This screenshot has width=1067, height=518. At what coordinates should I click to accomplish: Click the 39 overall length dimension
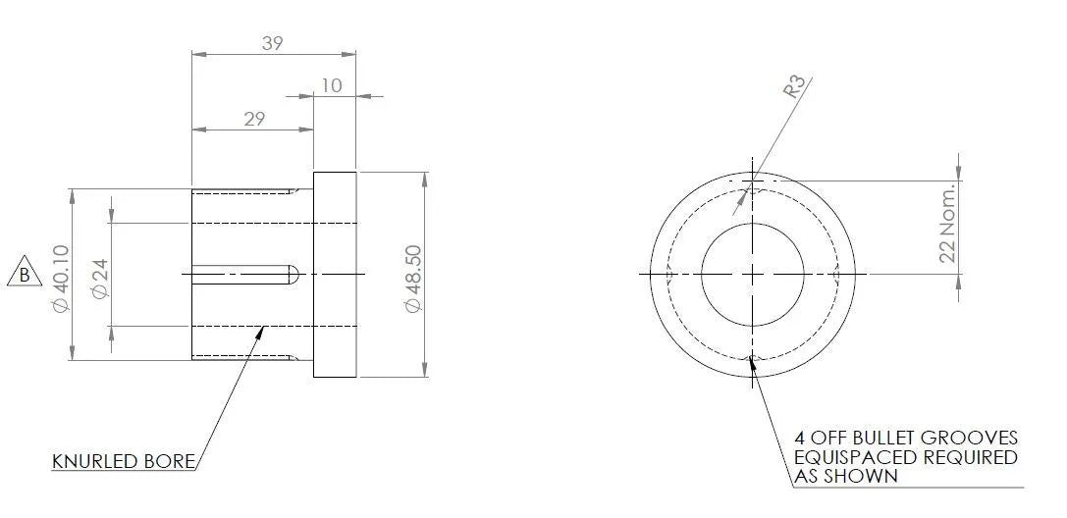(272, 43)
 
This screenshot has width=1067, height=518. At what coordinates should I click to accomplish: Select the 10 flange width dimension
(332, 85)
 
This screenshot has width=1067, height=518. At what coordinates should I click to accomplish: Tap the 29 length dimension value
(254, 119)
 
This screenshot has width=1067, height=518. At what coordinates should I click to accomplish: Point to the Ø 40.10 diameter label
(61, 279)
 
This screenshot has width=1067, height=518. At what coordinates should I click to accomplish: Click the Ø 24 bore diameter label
(100, 278)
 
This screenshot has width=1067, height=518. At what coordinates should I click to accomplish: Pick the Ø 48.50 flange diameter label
(413, 279)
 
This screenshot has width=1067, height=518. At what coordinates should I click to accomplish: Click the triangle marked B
(25, 273)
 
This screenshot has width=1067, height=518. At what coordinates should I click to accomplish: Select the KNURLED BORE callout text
(123, 461)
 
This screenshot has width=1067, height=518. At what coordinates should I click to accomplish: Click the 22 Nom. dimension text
(947, 223)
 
